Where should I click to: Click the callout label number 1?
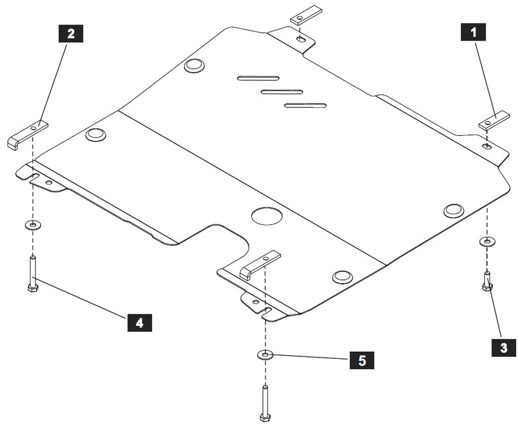[x=474, y=32]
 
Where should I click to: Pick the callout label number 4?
[x=139, y=321]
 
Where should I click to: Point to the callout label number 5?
[x=361, y=360]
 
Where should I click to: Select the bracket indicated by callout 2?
[x=28, y=134]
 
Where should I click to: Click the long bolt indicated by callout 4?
[x=33, y=274]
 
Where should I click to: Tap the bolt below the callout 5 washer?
[x=265, y=403]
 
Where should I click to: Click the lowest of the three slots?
[x=305, y=105]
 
